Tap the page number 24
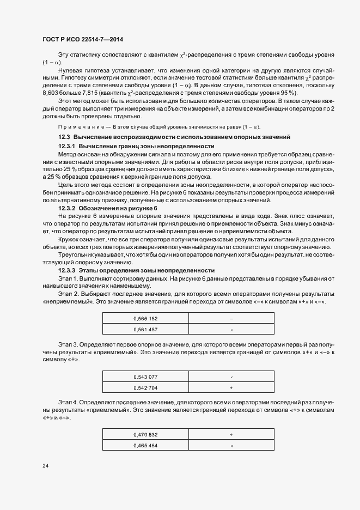point(45,466)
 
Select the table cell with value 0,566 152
point(145,318)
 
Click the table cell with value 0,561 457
point(145,330)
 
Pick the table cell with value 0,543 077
point(145,377)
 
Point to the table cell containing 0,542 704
point(145,388)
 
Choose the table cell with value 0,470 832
point(145,434)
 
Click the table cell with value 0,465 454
point(145,446)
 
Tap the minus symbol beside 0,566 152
point(231,318)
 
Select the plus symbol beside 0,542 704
point(231,388)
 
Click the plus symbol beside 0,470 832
point(231,434)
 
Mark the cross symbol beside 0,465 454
point(231,446)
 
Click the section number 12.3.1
point(67,147)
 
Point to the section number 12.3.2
point(67,209)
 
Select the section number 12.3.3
point(67,270)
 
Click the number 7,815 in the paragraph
point(86,93)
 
